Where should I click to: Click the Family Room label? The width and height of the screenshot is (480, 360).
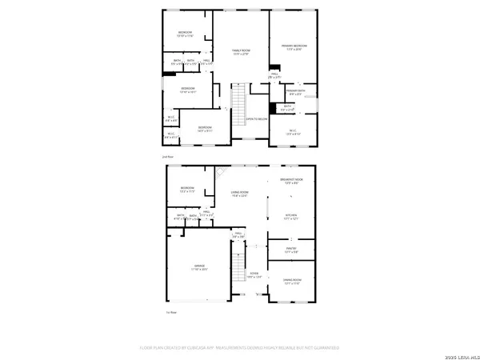240,52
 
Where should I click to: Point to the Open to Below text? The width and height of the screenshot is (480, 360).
256,119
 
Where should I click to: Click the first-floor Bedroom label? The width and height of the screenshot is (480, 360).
187,190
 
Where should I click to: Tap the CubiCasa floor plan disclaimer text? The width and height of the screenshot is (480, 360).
240,347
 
